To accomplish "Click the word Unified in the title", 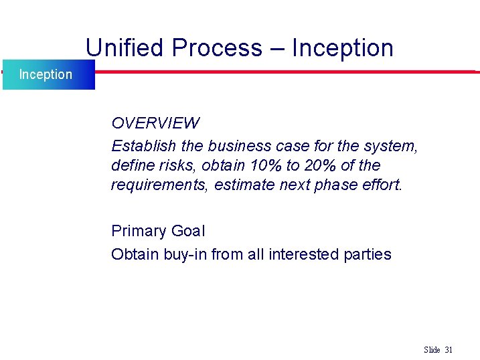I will coord(125,48).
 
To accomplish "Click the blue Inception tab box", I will coord(47,74).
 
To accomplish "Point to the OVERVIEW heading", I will coord(155,123).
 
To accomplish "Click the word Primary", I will coord(139,232).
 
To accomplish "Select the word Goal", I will coord(189,232).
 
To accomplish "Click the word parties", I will coord(368,254).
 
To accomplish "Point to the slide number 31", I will coord(449,350).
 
